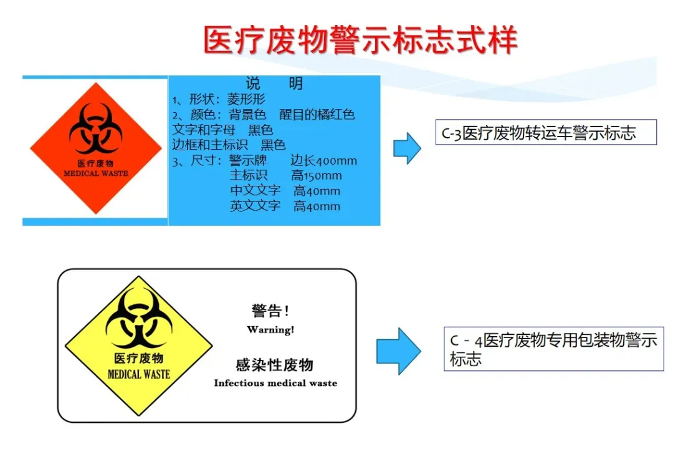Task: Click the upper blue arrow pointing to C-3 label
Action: [x=408, y=148]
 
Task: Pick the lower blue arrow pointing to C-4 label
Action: [x=399, y=351]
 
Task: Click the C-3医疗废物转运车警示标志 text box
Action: [x=537, y=132]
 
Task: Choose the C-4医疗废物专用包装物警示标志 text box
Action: [x=553, y=349]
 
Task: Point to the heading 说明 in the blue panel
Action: [x=274, y=84]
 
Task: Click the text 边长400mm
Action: [x=323, y=161]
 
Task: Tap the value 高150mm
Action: [x=317, y=176]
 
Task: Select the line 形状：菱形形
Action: [x=219, y=99]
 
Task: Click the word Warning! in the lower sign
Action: [x=270, y=329]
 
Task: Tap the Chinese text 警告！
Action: [x=270, y=311]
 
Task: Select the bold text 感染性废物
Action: [x=274, y=365]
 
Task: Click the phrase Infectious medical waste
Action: [x=275, y=383]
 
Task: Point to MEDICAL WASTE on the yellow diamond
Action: [x=138, y=374]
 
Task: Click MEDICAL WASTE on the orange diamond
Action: [x=95, y=173]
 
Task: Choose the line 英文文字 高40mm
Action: [x=285, y=206]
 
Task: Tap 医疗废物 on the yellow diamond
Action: [x=138, y=359]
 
